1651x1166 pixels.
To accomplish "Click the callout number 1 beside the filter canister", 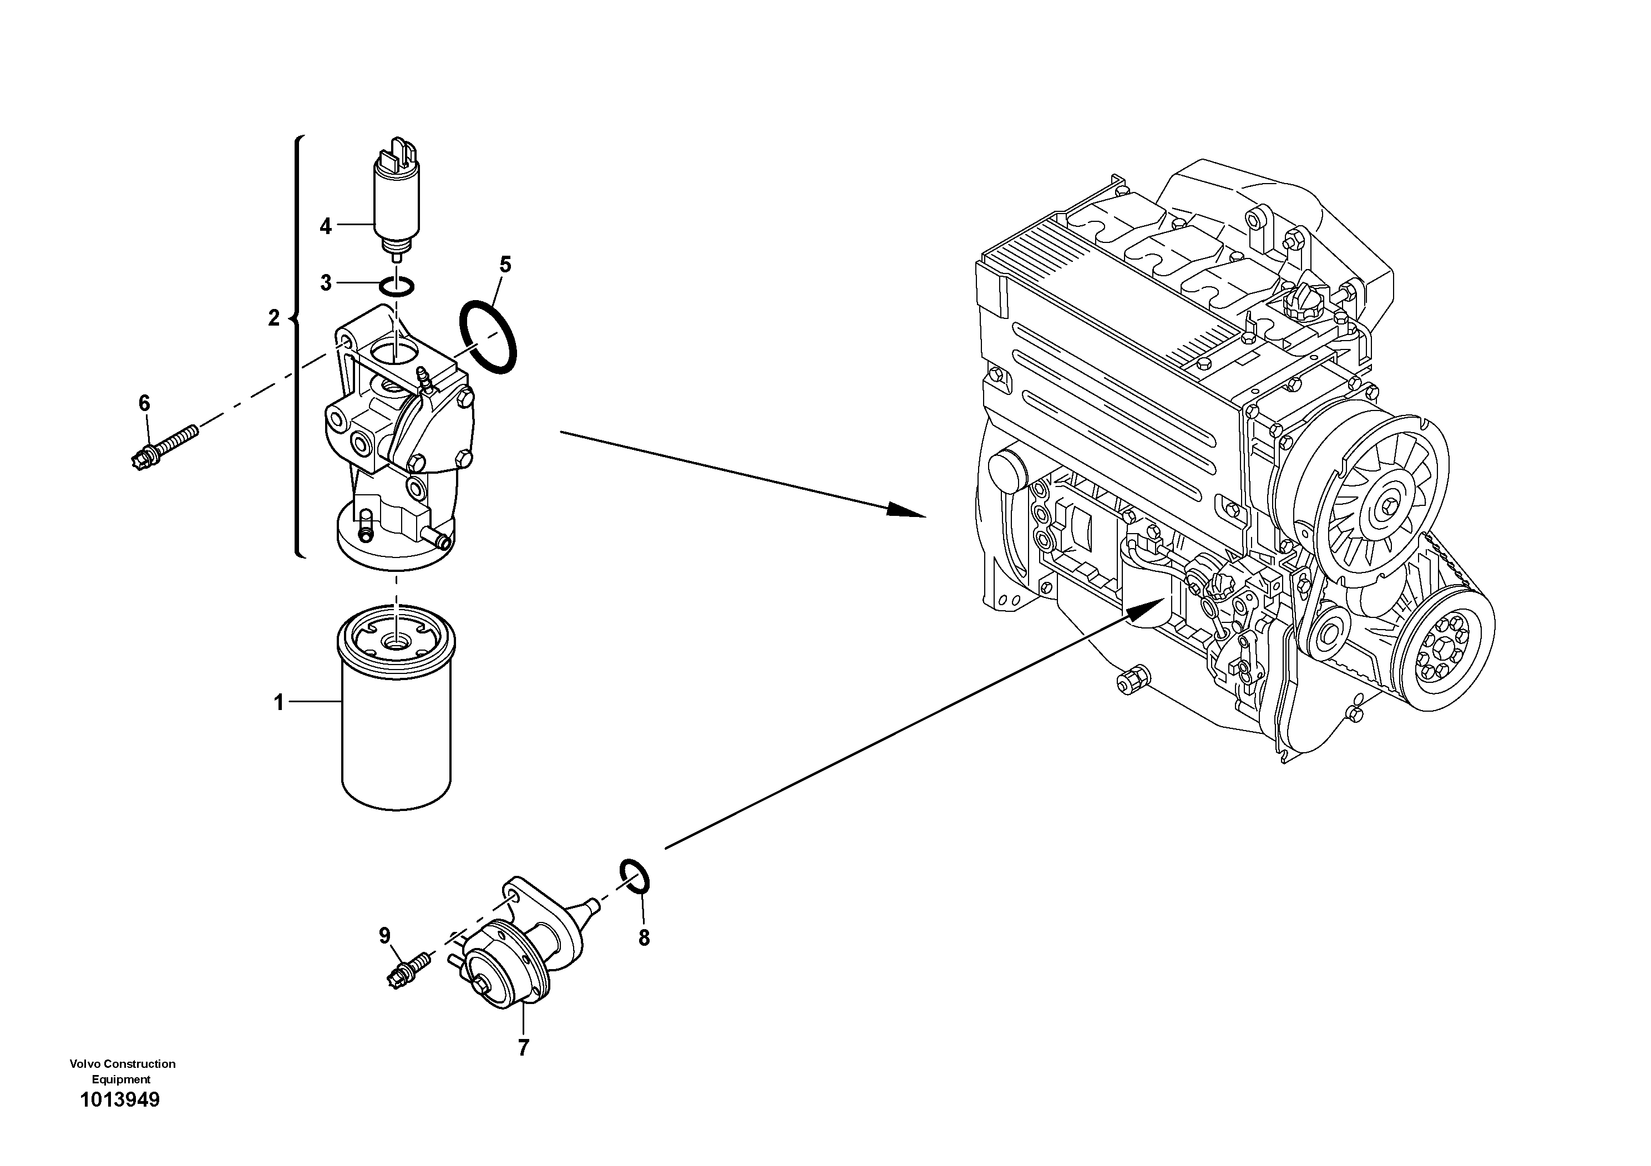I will [x=280, y=702].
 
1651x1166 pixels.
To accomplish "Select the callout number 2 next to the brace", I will [x=274, y=318].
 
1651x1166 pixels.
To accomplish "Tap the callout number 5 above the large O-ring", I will [x=505, y=265].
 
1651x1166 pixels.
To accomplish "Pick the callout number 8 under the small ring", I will [x=644, y=937].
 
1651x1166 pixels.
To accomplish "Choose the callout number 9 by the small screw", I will [x=384, y=935].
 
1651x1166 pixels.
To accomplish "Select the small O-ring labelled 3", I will [x=396, y=286].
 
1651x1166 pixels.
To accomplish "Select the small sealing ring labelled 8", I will [x=636, y=875].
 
